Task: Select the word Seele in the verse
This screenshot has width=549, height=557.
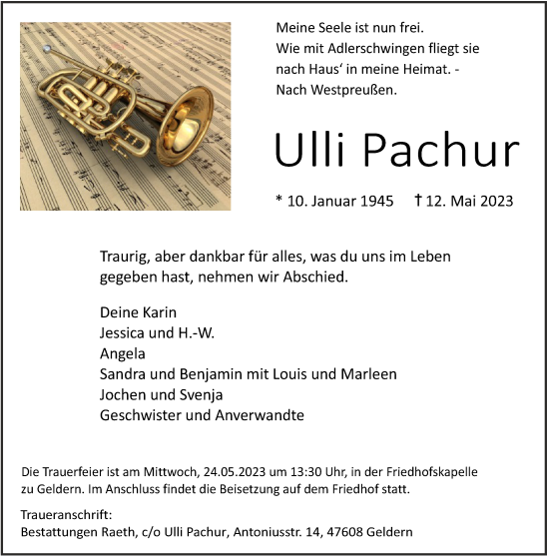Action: point(337,29)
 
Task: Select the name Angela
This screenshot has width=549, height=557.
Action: point(123,353)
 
